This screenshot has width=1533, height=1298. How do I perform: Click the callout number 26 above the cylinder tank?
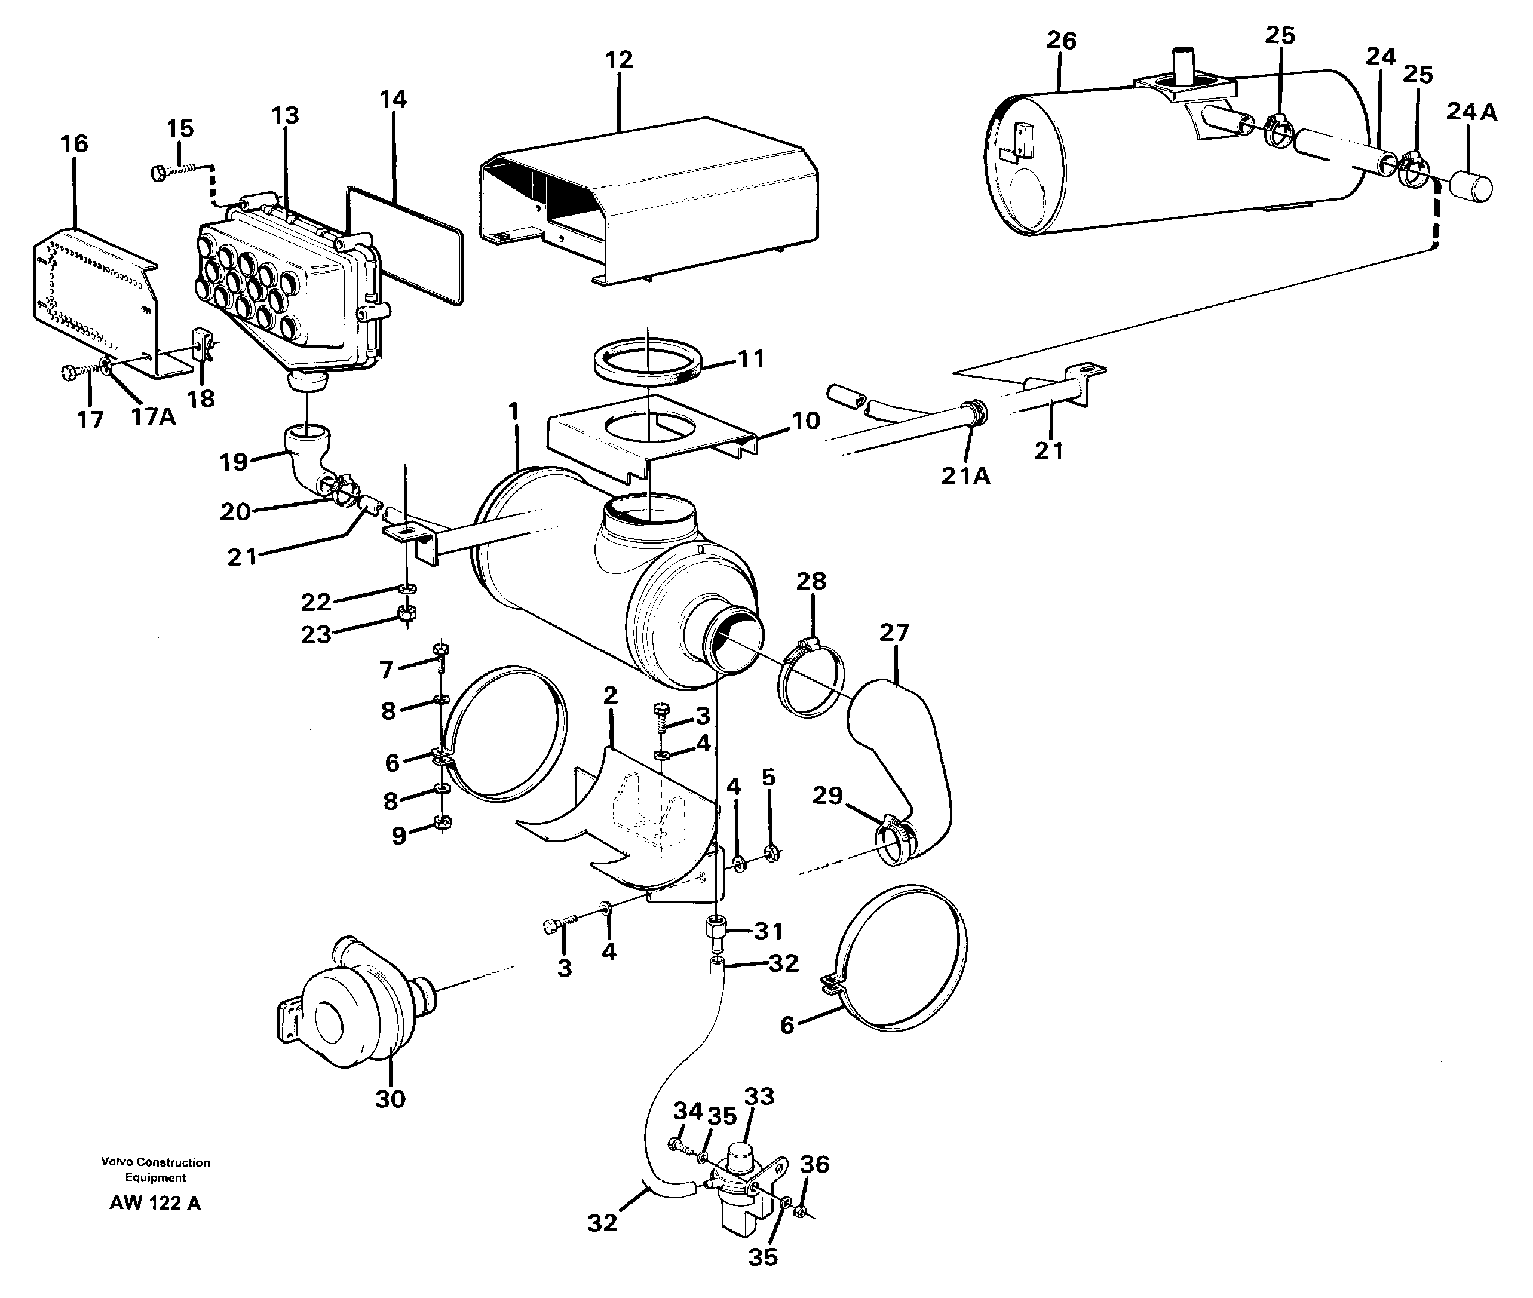point(1060,41)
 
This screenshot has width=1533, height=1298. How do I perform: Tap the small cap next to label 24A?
point(1470,185)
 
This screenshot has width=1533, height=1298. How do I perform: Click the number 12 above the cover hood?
point(618,60)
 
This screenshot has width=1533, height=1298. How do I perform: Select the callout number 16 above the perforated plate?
point(74,144)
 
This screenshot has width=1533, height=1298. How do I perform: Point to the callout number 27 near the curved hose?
point(894,632)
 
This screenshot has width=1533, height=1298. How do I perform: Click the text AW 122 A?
point(155,1204)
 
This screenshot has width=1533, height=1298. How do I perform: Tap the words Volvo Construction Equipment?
point(155,1169)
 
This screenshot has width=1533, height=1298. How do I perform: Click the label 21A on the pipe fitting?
point(965,477)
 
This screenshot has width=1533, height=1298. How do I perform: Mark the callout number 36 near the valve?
point(814,1164)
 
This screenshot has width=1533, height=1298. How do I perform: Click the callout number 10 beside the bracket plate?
point(805,421)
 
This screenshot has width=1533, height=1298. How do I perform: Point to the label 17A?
point(153,417)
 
